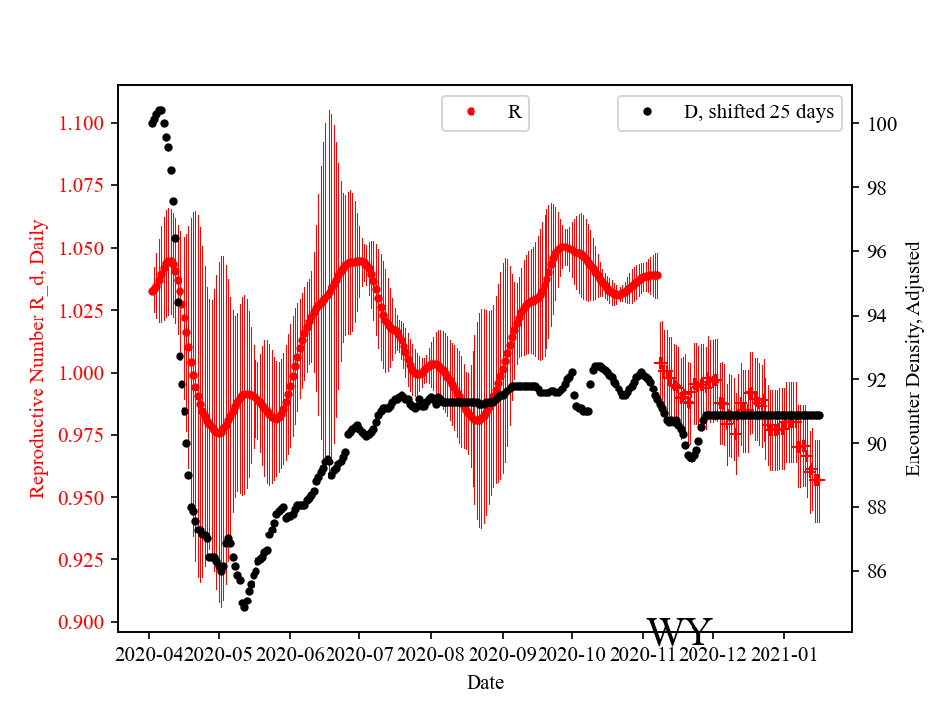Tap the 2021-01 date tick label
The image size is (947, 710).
(783, 653)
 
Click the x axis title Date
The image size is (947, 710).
(485, 681)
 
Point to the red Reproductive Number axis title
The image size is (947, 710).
(37, 359)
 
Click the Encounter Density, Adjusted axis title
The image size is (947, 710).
(912, 359)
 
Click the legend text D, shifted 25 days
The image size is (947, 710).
(758, 112)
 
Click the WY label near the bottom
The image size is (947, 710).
(679, 632)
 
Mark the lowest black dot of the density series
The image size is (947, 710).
(244, 607)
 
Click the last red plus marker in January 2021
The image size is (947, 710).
(818, 480)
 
